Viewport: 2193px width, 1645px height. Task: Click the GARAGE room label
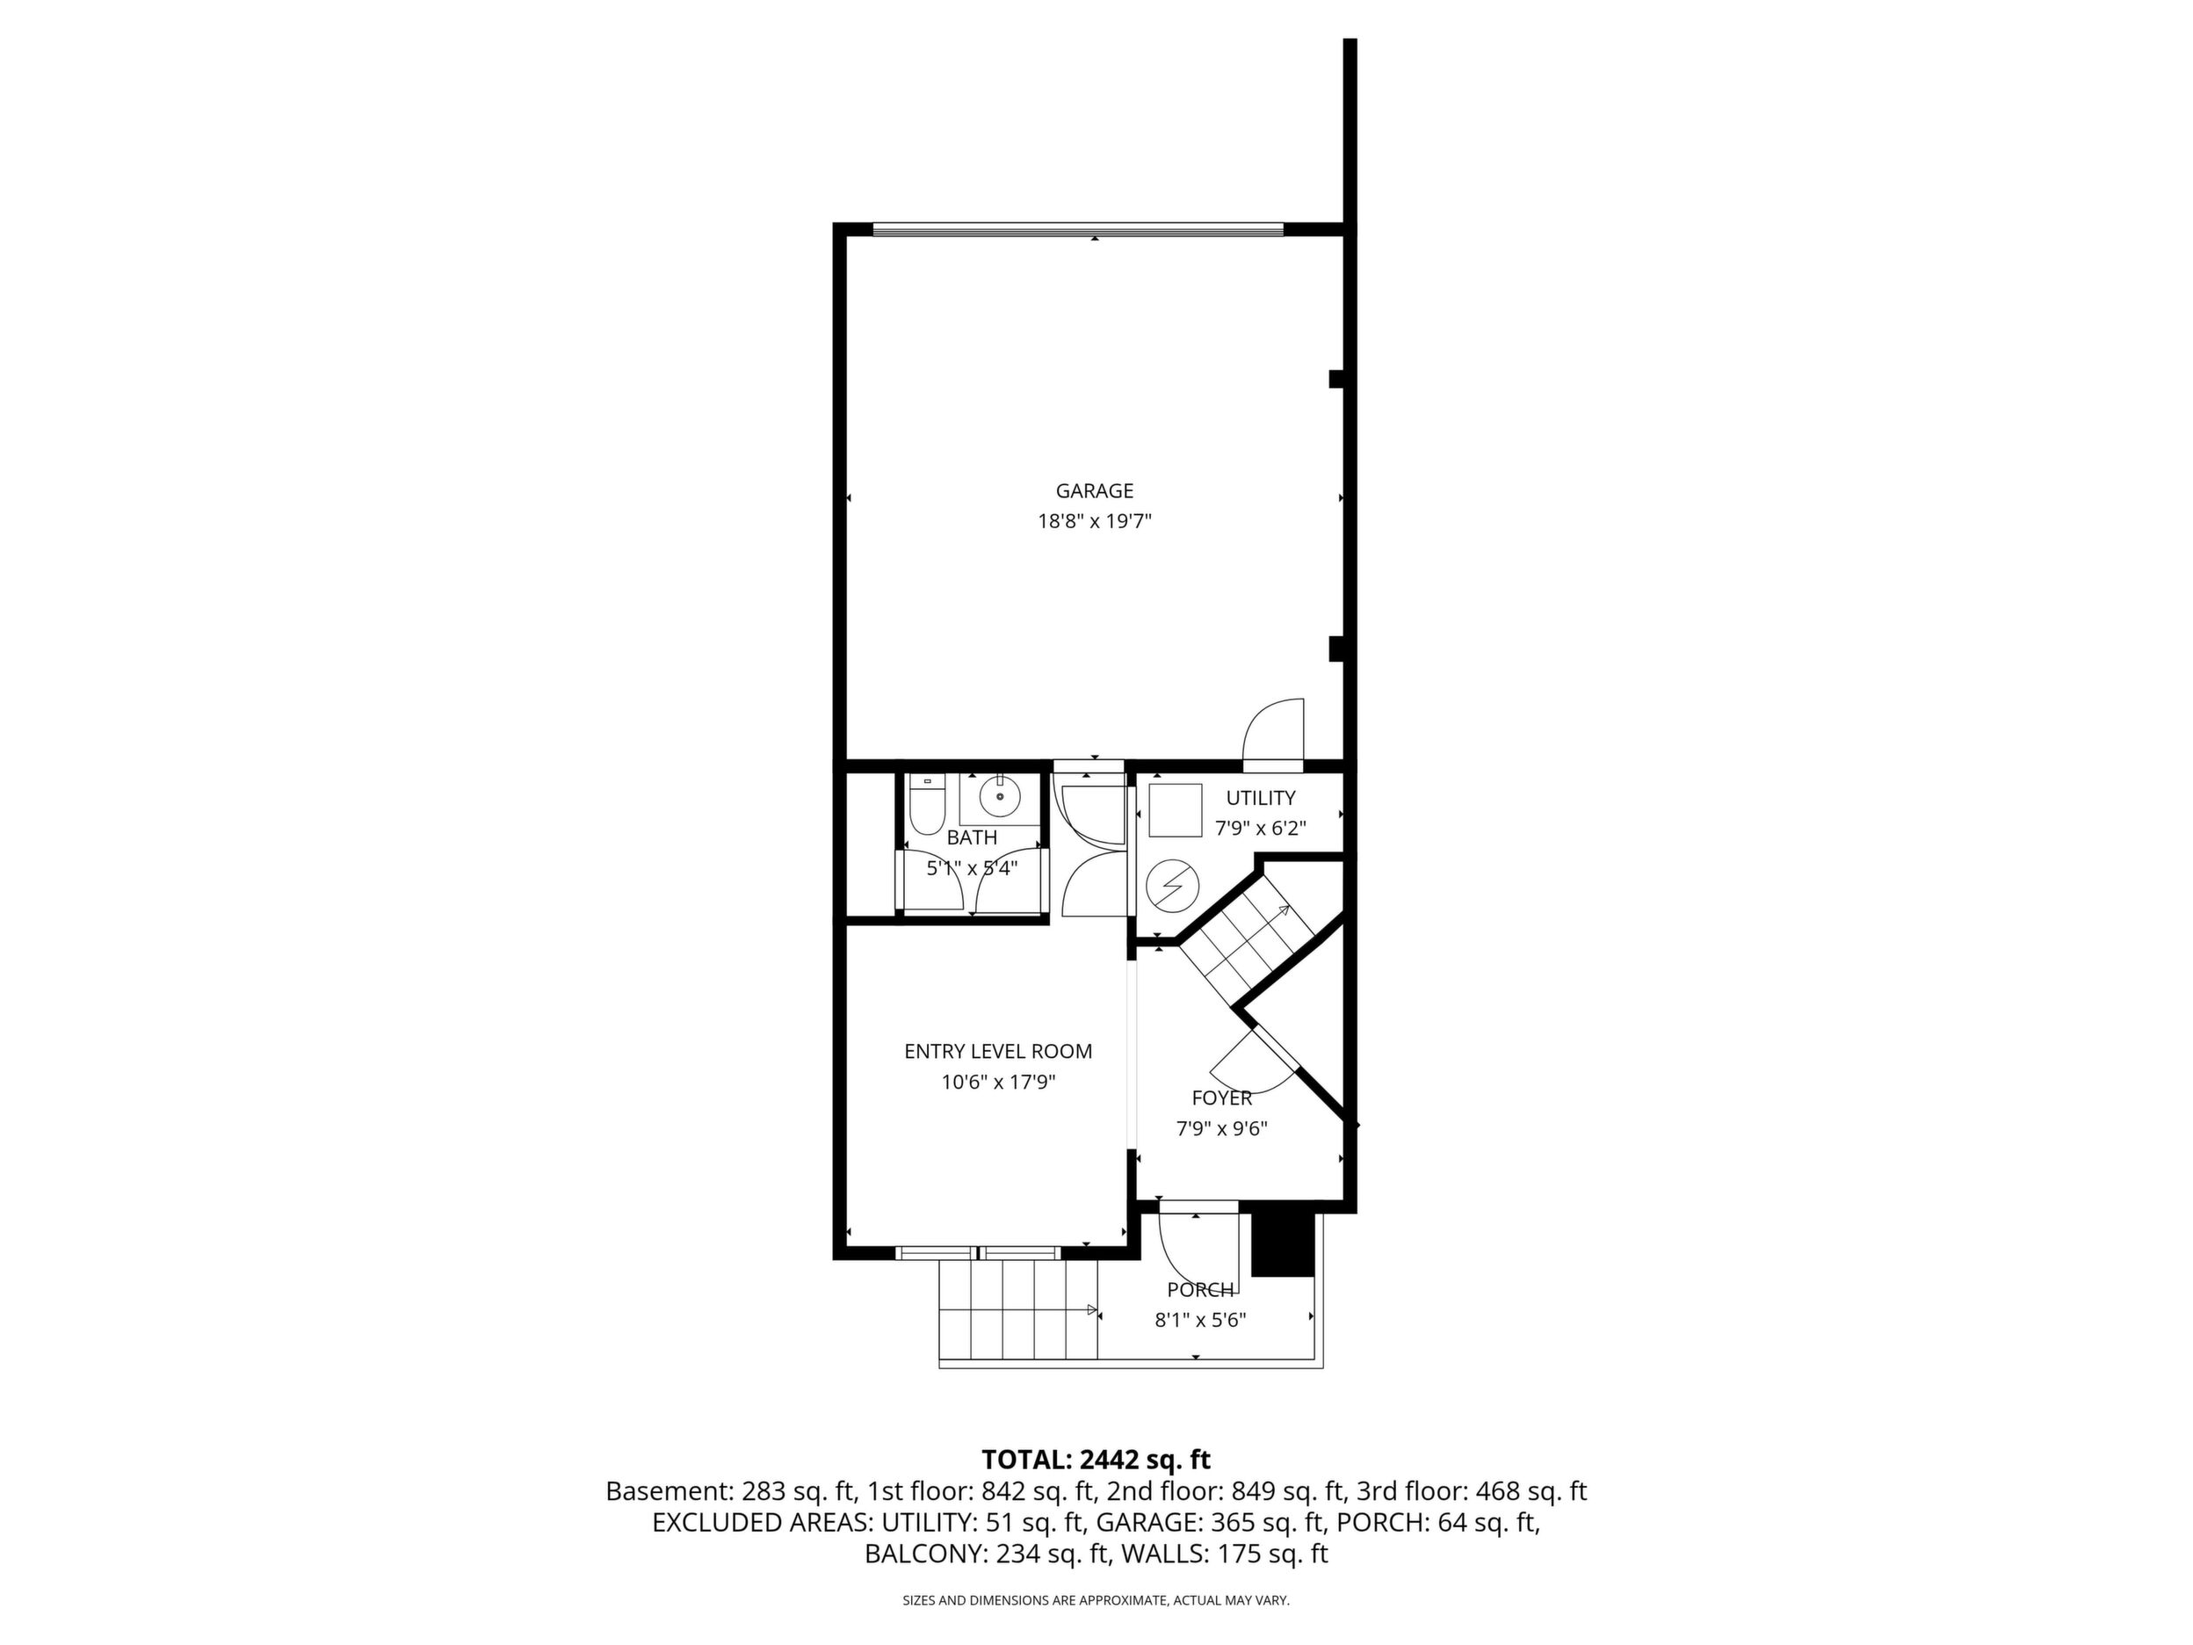click(1094, 491)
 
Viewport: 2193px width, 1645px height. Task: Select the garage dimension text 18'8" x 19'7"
click(1094, 522)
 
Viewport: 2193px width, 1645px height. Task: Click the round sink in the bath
click(1002, 795)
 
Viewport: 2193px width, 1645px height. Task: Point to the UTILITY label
click(1260, 798)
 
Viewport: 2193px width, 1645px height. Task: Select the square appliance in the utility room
click(1174, 810)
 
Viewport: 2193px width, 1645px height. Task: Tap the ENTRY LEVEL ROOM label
click(997, 1052)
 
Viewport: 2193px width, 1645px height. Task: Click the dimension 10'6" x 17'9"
click(997, 1083)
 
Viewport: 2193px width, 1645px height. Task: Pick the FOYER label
click(1221, 1098)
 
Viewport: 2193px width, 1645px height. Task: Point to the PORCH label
click(1199, 1290)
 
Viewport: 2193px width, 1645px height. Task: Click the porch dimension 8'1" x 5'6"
click(1199, 1321)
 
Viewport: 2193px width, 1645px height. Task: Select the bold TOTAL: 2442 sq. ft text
click(1096, 1460)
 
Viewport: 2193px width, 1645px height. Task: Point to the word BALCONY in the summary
click(924, 1554)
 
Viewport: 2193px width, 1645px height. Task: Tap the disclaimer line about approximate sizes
click(1096, 1600)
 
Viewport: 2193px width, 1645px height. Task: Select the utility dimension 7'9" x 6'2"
click(1260, 829)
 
